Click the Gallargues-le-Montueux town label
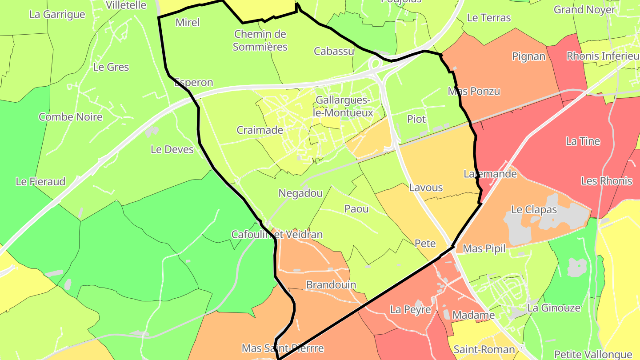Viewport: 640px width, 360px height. click(343, 107)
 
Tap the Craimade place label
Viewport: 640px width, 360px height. click(260, 130)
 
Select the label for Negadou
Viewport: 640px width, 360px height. click(300, 193)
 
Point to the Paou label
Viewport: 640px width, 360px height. click(356, 208)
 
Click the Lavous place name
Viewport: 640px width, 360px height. click(426, 187)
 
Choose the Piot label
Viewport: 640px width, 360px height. click(416, 119)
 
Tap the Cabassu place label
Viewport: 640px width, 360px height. click(334, 51)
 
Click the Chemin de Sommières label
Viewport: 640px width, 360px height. click(260, 40)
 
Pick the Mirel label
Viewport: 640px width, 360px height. click(188, 23)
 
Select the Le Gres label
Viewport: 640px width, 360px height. click(111, 67)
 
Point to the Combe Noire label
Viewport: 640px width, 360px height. click(71, 117)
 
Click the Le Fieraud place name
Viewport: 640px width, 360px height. click(40, 181)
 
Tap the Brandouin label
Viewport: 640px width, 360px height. click(331, 284)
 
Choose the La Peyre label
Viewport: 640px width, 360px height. click(411, 309)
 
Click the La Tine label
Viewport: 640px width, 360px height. click(583, 141)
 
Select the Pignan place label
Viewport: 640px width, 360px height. click(528, 56)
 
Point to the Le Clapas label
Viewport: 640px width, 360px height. click(534, 209)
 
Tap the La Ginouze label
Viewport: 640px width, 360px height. click(554, 308)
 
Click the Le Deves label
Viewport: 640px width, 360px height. click(172, 149)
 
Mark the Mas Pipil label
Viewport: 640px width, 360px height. click(484, 248)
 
